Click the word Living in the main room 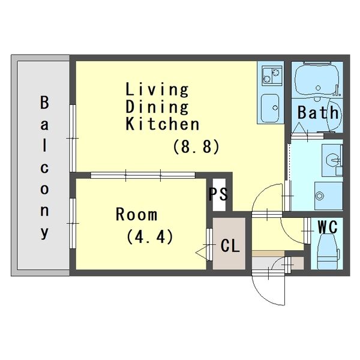pos(157,89)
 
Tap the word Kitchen pos(163,124)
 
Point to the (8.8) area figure pos(196,146)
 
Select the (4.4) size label pos(149,236)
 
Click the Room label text pos(136,214)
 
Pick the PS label pos(218,194)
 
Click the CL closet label pos(230,245)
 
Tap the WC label pos(328,227)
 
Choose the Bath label pos(318,112)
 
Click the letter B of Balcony pos(44,103)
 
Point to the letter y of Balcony pos(44,233)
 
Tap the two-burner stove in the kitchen pos(272,76)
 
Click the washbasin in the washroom pos(332,159)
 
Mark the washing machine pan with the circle pos(329,196)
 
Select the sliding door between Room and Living pos(143,175)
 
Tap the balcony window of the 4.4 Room pos(73,223)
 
